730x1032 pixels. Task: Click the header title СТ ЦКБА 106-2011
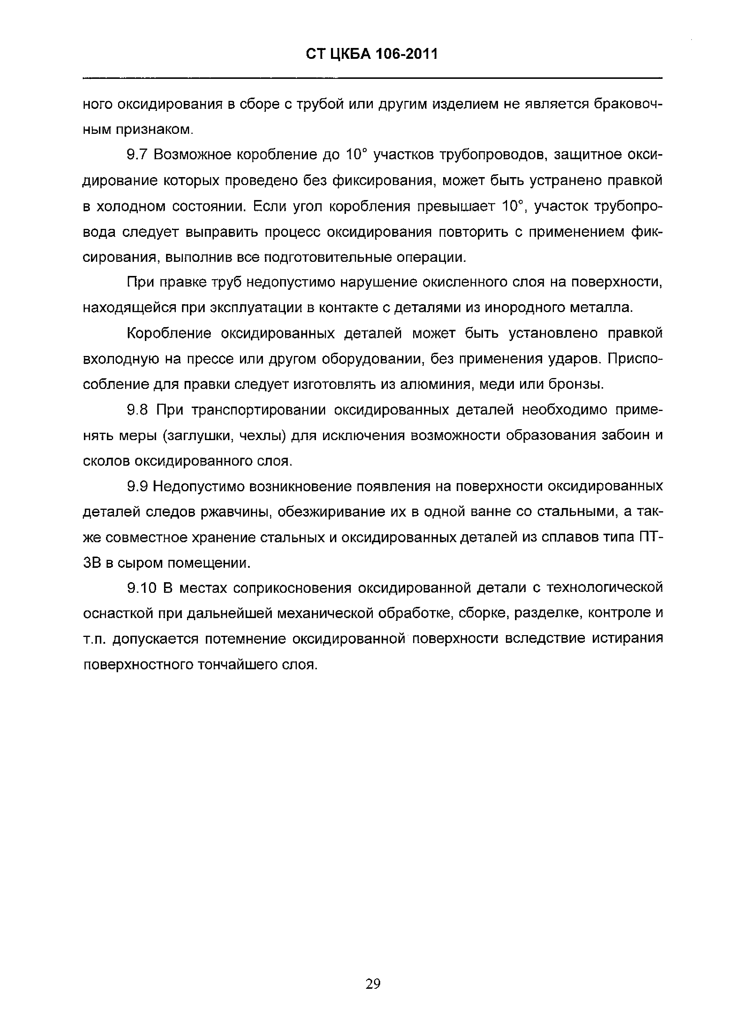pyautogui.click(x=372, y=54)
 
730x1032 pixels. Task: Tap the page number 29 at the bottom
pyautogui.click(x=373, y=984)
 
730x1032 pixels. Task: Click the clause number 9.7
pyautogui.click(x=137, y=155)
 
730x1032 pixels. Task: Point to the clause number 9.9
pyautogui.click(x=138, y=486)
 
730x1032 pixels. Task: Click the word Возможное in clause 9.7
pyautogui.click(x=192, y=155)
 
